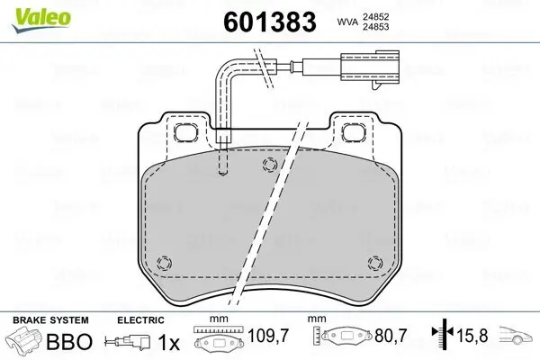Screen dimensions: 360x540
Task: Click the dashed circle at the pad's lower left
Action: pyautogui.click(x=163, y=263)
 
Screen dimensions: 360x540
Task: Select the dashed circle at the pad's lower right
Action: pyautogui.click(x=374, y=263)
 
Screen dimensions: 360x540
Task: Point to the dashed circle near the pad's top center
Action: pyautogui.click(x=267, y=164)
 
